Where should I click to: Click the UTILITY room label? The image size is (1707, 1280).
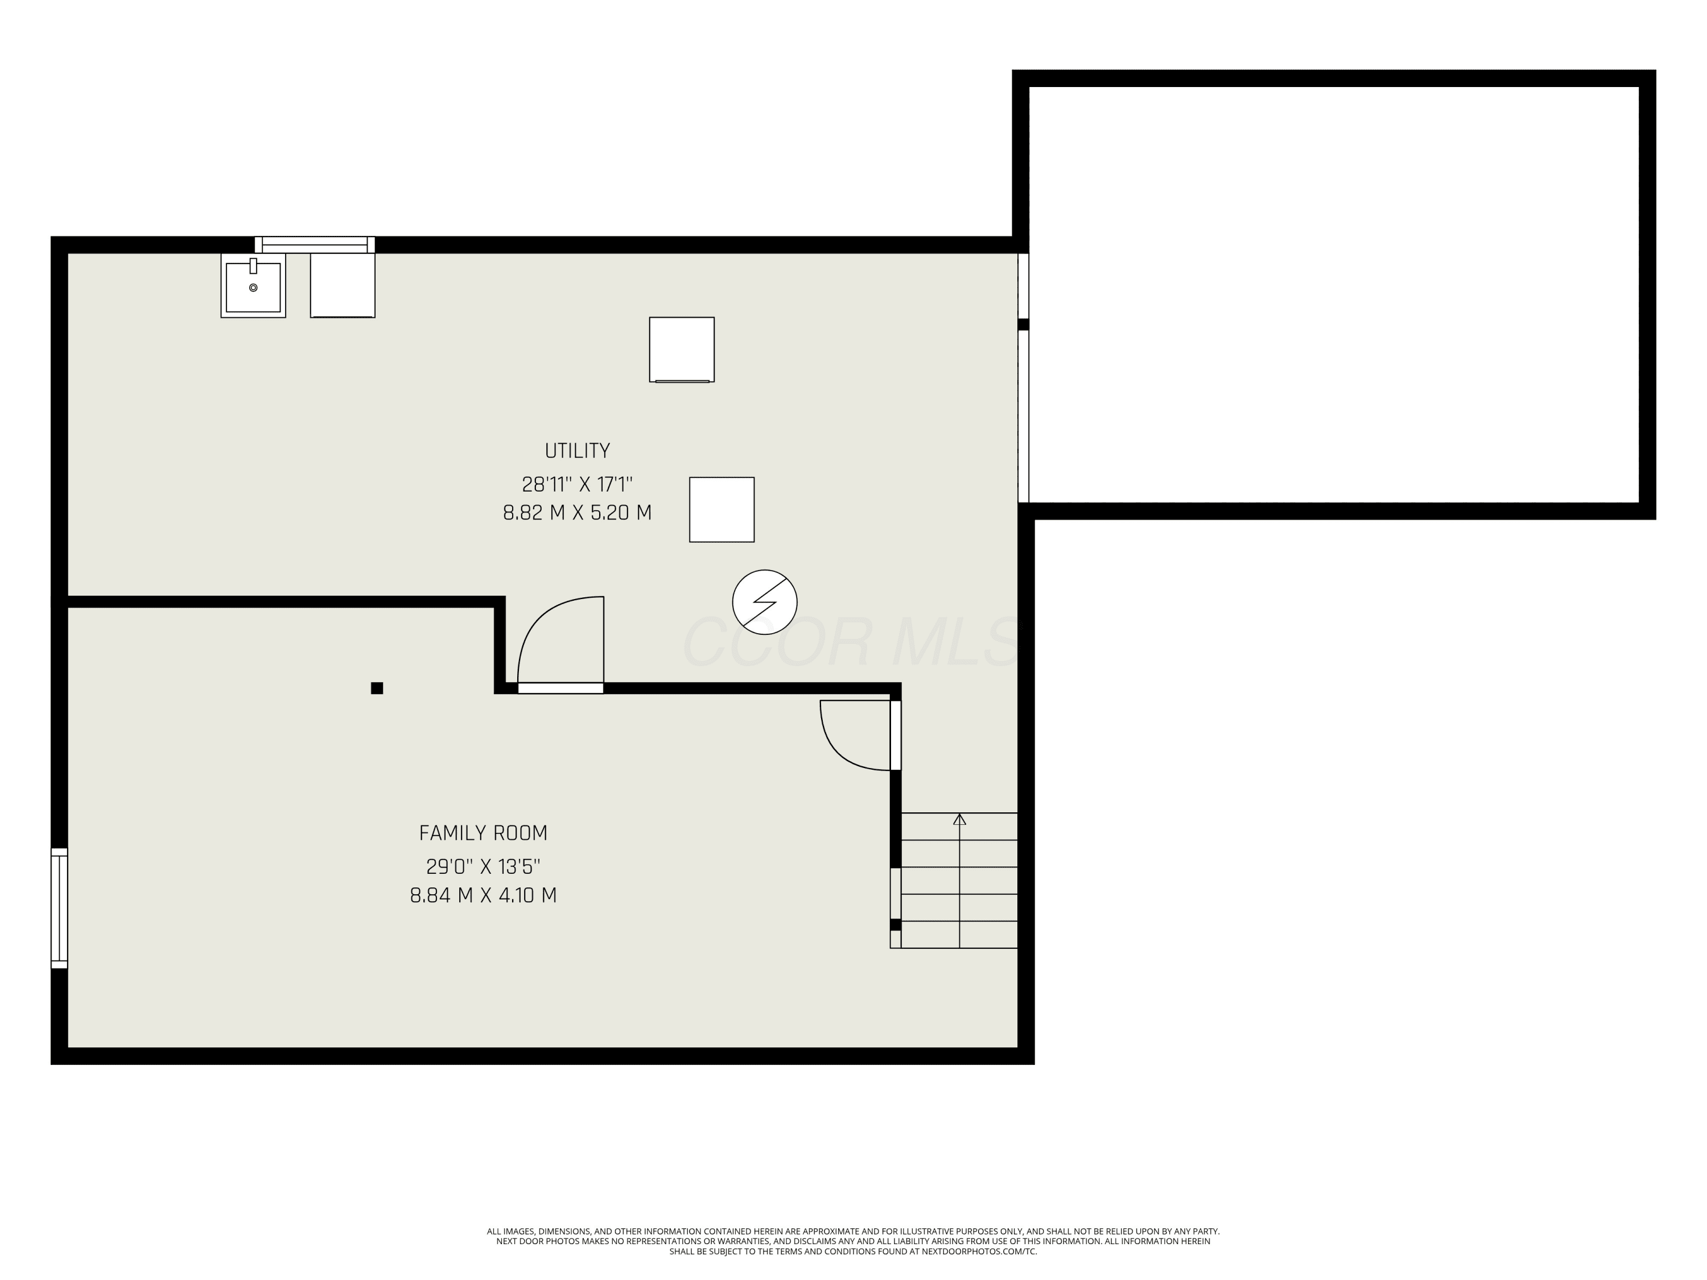click(577, 451)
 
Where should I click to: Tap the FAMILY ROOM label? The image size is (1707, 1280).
click(483, 833)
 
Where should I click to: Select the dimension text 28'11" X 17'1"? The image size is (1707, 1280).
click(577, 485)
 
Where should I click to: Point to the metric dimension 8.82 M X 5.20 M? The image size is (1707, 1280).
click(577, 513)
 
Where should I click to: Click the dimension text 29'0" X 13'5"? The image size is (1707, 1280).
click(483, 866)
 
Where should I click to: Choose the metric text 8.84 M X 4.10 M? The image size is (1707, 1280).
click(483, 895)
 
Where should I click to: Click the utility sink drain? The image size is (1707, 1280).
click(253, 288)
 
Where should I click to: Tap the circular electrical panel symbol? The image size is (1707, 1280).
click(765, 602)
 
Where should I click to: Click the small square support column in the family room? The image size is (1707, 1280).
click(377, 688)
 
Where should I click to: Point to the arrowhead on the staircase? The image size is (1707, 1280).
click(959, 819)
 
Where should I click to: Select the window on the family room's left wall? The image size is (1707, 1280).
click(59, 907)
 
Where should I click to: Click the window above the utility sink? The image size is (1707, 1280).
click(315, 245)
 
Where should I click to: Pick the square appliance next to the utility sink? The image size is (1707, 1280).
click(343, 286)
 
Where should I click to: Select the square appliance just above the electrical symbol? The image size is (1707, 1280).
click(721, 509)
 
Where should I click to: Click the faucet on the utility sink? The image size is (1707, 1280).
click(253, 266)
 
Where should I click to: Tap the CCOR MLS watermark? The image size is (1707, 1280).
click(853, 642)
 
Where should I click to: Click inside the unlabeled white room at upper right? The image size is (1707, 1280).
click(1334, 294)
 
